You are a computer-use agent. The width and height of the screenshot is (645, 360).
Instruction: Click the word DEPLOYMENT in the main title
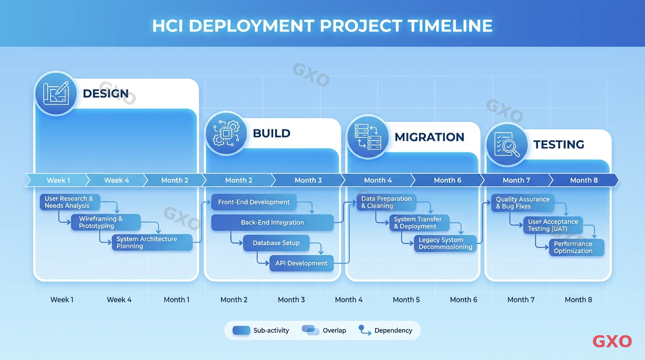252,25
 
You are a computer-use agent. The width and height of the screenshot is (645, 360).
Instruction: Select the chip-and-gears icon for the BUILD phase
226,133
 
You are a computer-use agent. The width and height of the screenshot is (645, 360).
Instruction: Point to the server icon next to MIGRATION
367,137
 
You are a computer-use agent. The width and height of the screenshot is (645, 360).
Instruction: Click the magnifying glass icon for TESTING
507,144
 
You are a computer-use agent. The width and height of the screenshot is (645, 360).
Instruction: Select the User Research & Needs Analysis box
69,202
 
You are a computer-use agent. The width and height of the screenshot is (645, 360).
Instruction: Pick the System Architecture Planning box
152,242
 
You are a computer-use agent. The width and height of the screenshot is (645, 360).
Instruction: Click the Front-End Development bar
254,202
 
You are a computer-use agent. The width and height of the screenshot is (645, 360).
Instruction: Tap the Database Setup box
276,243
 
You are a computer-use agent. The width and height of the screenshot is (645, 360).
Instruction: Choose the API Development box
301,263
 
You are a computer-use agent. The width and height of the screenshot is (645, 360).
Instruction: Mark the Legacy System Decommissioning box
445,243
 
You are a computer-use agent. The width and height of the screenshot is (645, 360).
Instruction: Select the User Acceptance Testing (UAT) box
553,225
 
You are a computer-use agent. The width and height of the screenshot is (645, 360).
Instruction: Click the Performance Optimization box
576,247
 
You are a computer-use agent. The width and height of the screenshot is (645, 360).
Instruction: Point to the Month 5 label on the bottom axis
406,300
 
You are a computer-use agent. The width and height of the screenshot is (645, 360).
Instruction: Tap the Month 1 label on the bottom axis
177,300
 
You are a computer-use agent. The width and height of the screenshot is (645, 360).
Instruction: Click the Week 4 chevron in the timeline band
116,180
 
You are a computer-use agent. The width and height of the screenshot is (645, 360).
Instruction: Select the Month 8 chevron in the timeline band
584,180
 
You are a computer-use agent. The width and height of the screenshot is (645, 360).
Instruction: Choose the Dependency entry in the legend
386,330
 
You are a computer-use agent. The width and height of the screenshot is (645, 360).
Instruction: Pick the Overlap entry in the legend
324,330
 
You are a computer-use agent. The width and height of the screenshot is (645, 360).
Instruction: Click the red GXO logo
612,341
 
